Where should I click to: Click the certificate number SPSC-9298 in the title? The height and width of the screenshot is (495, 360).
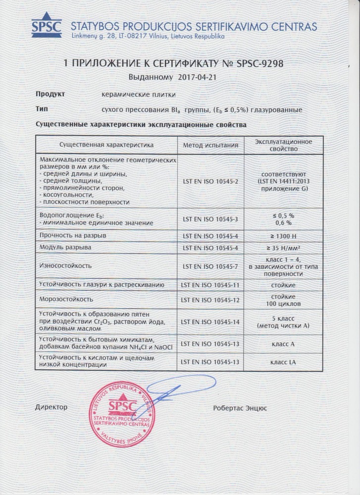(x=258, y=64)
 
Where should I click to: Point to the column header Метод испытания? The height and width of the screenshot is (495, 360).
(x=210, y=145)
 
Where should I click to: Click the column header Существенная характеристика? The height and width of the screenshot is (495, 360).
(x=106, y=145)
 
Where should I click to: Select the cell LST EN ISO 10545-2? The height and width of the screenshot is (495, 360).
(x=210, y=182)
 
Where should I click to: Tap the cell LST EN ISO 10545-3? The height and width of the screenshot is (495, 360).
(x=210, y=219)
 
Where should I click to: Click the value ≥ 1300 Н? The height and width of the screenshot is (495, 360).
(x=283, y=235)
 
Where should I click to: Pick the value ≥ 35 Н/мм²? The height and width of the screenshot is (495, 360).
(x=283, y=247)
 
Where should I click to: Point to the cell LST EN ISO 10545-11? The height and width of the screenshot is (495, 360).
(x=210, y=285)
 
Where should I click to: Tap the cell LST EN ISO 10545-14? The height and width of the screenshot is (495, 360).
(x=210, y=322)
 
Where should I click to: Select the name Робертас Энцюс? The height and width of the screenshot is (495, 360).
(x=240, y=408)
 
